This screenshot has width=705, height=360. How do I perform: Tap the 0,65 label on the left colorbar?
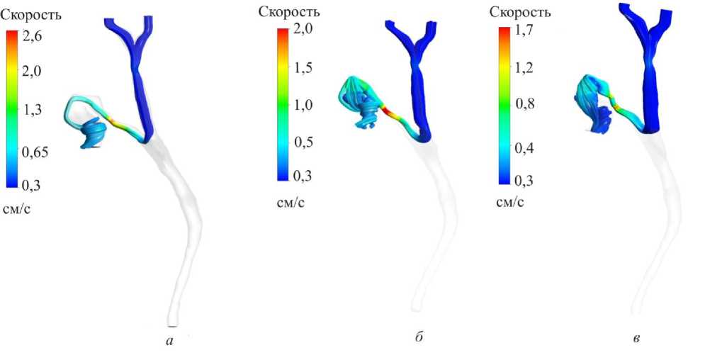click(35, 152)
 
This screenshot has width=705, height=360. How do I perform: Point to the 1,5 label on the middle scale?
click(304, 68)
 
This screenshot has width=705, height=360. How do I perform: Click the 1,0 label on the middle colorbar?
click(304, 105)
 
